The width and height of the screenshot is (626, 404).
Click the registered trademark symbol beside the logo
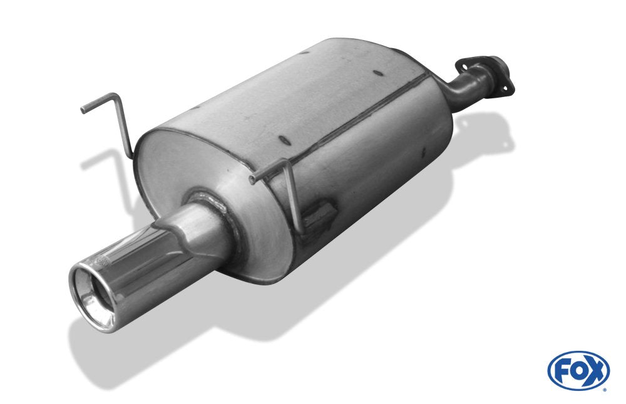(x=605, y=390)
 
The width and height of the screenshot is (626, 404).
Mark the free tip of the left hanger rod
(x=82, y=111)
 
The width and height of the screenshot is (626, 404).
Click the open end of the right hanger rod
(x=251, y=182)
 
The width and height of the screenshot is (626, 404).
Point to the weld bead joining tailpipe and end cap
(x=207, y=197)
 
